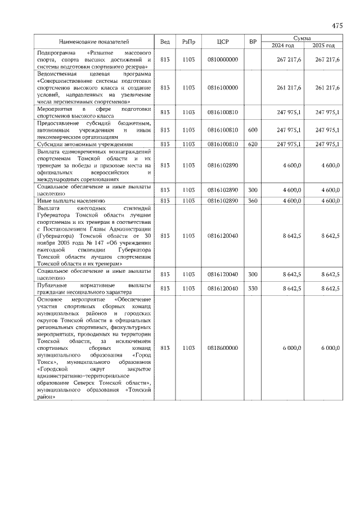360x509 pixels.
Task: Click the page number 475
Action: tap(337, 26)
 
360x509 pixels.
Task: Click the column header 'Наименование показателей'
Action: tap(94, 42)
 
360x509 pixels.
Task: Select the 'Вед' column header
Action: tap(165, 42)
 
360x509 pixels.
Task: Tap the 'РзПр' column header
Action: tap(188, 42)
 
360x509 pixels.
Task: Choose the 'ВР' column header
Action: tap(253, 42)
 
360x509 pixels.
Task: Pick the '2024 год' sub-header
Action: tap(283, 46)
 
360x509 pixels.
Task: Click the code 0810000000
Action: tap(223, 59)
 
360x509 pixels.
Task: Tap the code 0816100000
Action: tap(223, 87)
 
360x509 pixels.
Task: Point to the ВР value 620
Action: tap(253, 145)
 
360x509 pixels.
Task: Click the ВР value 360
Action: tap(253, 200)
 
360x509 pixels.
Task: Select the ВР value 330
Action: tap(253, 289)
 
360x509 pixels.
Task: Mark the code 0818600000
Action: tap(223, 348)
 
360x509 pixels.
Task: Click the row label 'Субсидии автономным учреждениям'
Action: tap(77, 145)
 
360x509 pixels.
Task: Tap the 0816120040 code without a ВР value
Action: tap(223, 236)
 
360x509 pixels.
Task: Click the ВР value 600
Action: tap(253, 130)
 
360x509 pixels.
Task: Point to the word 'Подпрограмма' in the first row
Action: tap(56, 52)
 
